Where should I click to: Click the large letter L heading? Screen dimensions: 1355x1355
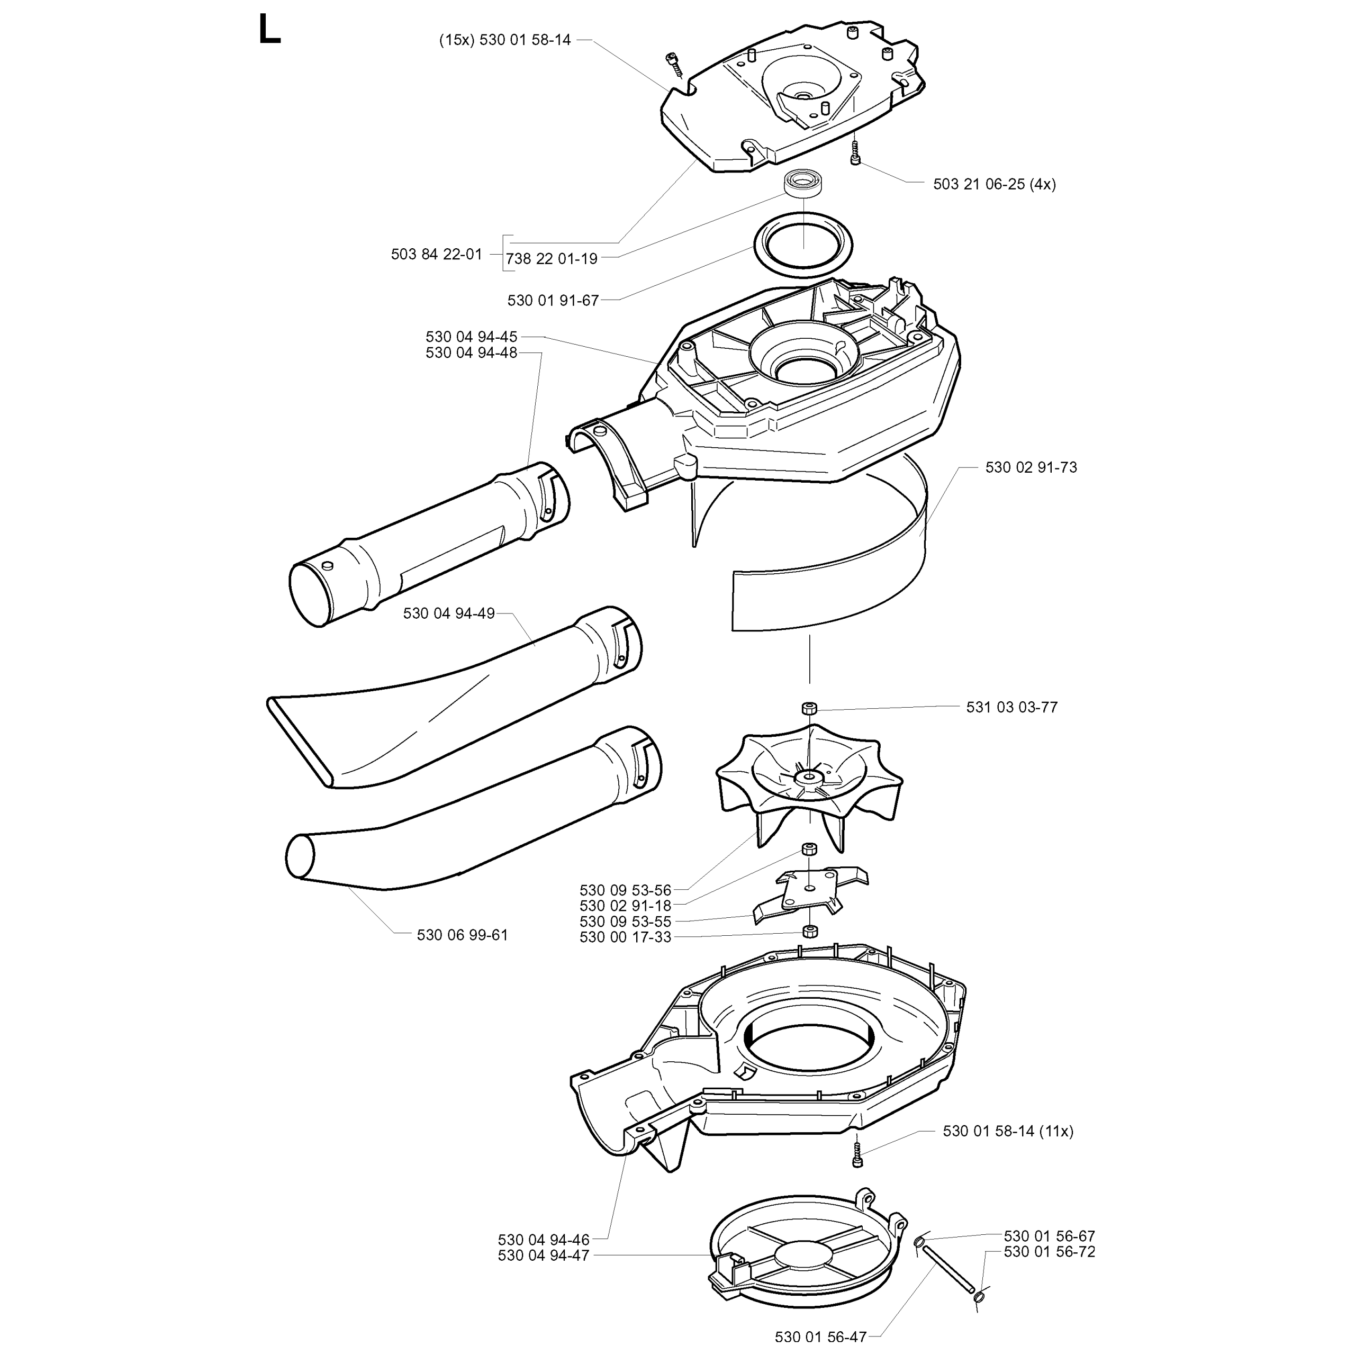pyautogui.click(x=269, y=31)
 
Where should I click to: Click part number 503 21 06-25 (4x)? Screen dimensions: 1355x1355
pyautogui.click(x=994, y=184)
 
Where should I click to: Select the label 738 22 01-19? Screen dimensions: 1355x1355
pyautogui.click(x=551, y=259)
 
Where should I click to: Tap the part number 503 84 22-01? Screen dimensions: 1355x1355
pyautogui.click(x=436, y=255)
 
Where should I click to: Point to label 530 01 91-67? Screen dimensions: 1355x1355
pyautogui.click(x=553, y=301)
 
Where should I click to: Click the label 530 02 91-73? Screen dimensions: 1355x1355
pyautogui.click(x=1031, y=467)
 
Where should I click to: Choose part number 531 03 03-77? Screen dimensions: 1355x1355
pyautogui.click(x=1011, y=707)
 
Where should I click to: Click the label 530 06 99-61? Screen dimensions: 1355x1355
pyautogui.click(x=462, y=935)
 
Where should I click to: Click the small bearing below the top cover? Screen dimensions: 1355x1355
pyautogui.click(x=804, y=182)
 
